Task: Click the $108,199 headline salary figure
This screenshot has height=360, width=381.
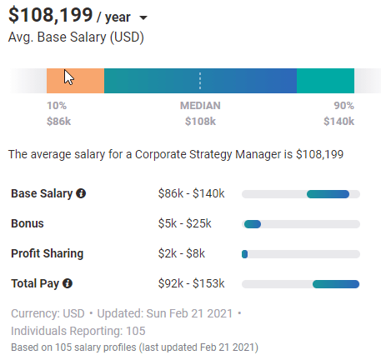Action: click(50, 15)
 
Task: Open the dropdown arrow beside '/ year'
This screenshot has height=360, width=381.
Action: click(143, 17)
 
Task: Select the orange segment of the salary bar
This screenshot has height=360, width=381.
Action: click(75, 81)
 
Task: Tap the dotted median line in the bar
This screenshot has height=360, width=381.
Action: click(200, 81)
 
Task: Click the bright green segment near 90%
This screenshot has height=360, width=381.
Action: click(325, 81)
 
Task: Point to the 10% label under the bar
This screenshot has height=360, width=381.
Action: click(57, 106)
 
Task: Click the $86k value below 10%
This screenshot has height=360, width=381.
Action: click(59, 122)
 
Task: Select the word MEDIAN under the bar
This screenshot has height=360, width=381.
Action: click(200, 106)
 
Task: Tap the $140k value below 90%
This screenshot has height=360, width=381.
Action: click(339, 122)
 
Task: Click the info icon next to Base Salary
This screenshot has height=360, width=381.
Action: click(81, 193)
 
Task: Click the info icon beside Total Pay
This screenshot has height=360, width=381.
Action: click(68, 283)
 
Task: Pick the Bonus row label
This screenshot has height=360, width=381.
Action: click(28, 223)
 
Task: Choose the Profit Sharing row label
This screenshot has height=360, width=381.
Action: click(48, 253)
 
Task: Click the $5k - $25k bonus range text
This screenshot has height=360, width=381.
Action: click(185, 223)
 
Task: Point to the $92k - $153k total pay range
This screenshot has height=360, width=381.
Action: click(191, 283)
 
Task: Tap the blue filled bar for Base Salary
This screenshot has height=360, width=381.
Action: click(328, 194)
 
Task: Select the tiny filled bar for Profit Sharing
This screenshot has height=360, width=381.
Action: click(244, 254)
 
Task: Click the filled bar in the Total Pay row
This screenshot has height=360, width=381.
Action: click(336, 284)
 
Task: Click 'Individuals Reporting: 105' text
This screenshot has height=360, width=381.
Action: click(78, 331)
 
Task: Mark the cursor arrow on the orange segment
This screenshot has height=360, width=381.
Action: click(69, 77)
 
